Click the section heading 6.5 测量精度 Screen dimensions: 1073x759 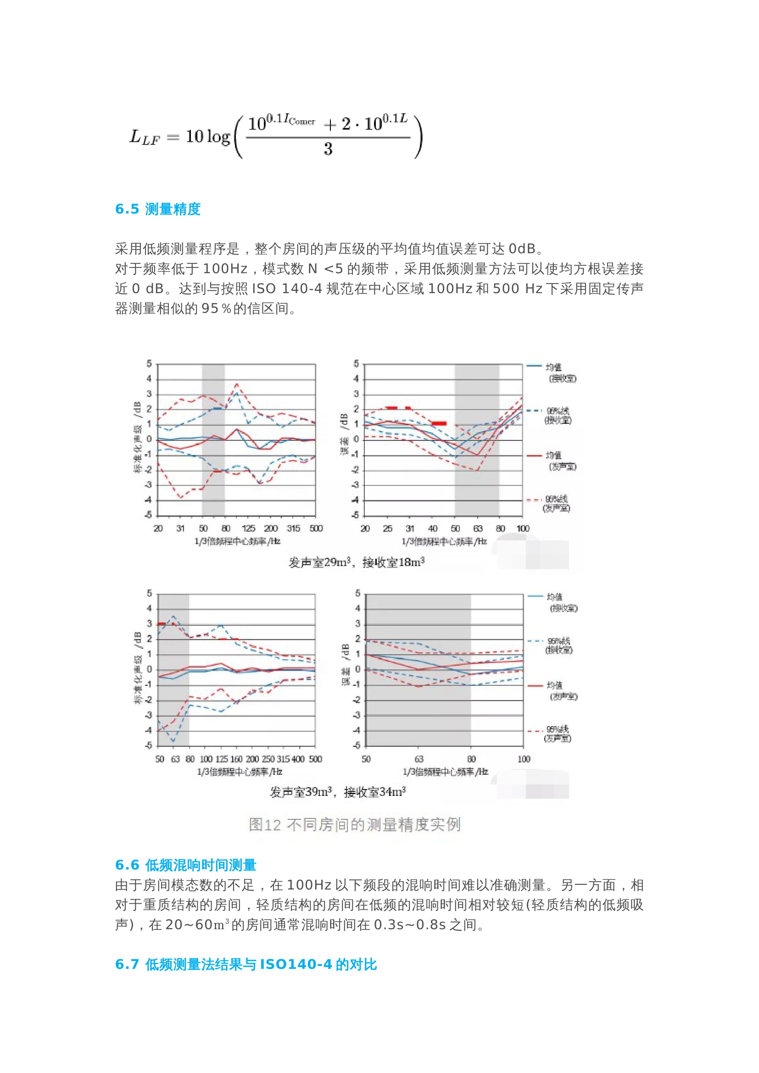pyautogui.click(x=157, y=209)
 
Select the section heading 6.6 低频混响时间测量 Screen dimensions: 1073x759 pyautogui.click(x=185, y=865)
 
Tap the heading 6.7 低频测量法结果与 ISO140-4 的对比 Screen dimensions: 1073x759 pyautogui.click(x=246, y=964)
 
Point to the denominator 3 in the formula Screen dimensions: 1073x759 pyautogui.click(x=328, y=149)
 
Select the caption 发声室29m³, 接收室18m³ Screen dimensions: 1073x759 pyautogui.click(x=356, y=562)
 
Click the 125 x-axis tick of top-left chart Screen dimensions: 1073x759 pyautogui.click(x=248, y=528)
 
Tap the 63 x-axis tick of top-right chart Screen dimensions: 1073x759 pyautogui.click(x=477, y=528)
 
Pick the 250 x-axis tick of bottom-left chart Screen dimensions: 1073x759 pyautogui.click(x=268, y=759)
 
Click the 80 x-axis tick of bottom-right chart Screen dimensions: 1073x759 pyautogui.click(x=471, y=759)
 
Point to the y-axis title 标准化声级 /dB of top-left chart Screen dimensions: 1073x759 pyautogui.click(x=137, y=438)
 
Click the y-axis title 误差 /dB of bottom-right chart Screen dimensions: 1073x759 pyautogui.click(x=346, y=665)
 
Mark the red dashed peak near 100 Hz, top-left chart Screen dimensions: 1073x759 pyautogui.click(x=236, y=384)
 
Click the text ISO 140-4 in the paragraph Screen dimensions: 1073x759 pyautogui.click(x=287, y=289)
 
